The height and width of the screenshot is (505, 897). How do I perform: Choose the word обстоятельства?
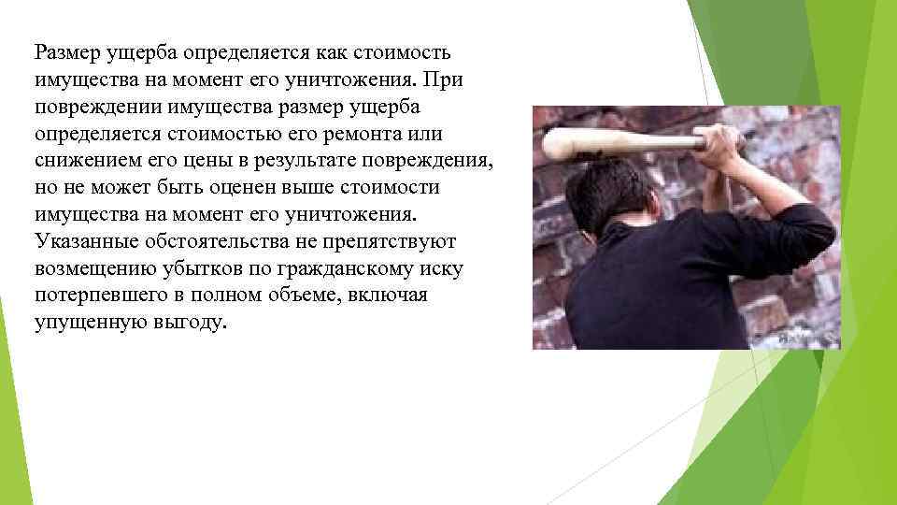tap(211, 241)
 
